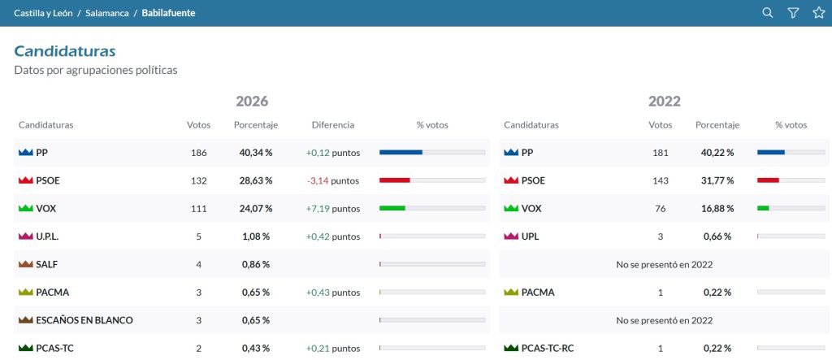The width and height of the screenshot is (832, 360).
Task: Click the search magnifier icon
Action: [x=767, y=13]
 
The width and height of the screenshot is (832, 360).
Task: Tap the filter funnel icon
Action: [x=793, y=13]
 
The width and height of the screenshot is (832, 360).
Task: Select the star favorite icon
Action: [x=819, y=13]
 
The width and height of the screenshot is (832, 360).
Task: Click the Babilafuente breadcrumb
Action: [x=168, y=13]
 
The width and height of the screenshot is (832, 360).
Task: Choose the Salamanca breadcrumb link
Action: [x=107, y=13]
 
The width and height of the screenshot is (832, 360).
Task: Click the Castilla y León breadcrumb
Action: [x=43, y=13]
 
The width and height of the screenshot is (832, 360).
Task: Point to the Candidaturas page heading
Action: [x=65, y=51]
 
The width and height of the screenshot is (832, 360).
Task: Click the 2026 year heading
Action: [x=252, y=101]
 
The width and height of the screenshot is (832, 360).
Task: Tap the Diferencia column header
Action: [x=332, y=125]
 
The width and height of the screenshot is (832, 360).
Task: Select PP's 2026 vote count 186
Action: [x=198, y=153]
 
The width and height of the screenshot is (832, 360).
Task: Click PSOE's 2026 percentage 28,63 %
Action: [x=256, y=180]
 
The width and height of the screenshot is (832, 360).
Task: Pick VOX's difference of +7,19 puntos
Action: [x=332, y=209]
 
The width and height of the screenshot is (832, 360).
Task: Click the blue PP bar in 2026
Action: [x=401, y=153]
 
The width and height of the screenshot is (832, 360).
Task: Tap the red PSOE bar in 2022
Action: [x=768, y=180]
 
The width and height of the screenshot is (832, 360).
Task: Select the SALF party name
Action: [x=46, y=264]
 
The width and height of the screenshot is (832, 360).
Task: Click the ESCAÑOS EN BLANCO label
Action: [x=84, y=320]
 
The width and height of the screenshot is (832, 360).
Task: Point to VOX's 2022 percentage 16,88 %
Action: [x=717, y=209]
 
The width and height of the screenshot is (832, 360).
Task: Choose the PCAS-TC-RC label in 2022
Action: [x=548, y=349]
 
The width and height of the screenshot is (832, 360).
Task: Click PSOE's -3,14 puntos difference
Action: [x=332, y=180]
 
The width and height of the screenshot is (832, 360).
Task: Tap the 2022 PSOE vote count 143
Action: [x=660, y=180]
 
